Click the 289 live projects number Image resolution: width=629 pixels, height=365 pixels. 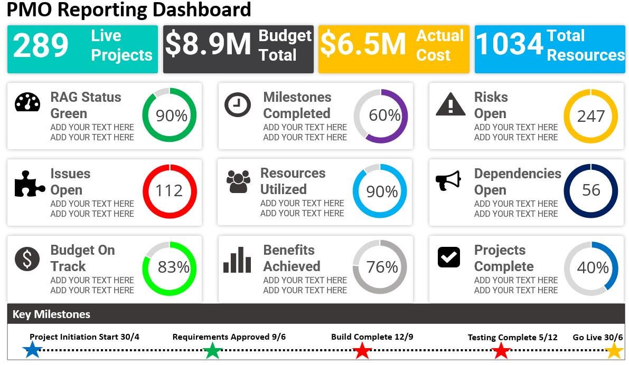pos(41,46)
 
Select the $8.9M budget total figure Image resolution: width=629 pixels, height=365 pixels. pos(208,44)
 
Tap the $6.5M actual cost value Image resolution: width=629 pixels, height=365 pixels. pos(363,44)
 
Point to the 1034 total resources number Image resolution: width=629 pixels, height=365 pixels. pos(509,44)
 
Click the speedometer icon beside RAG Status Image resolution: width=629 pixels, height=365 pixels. pos(27,102)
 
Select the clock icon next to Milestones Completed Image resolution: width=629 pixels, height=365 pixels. pos(238,104)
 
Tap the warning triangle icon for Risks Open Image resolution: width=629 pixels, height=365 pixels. pos(450,104)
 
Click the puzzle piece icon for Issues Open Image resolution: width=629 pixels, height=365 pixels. pos(29,183)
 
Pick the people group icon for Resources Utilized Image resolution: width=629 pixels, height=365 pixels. pos(238,181)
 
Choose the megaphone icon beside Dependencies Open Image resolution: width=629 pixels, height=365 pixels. pos(448,180)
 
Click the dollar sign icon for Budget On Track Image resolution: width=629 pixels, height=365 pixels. pos(27,259)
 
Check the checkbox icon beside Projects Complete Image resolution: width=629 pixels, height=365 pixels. pos(449,257)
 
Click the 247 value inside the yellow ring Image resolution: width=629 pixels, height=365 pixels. pos(591,116)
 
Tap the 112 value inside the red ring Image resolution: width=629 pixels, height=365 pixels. pos(169,191)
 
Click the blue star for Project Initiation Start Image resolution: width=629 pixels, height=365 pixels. pos(33,350)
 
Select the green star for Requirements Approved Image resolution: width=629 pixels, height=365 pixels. pos(212,350)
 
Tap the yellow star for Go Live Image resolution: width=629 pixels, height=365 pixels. pos(614,350)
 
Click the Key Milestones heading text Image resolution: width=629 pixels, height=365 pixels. pos(52,314)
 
